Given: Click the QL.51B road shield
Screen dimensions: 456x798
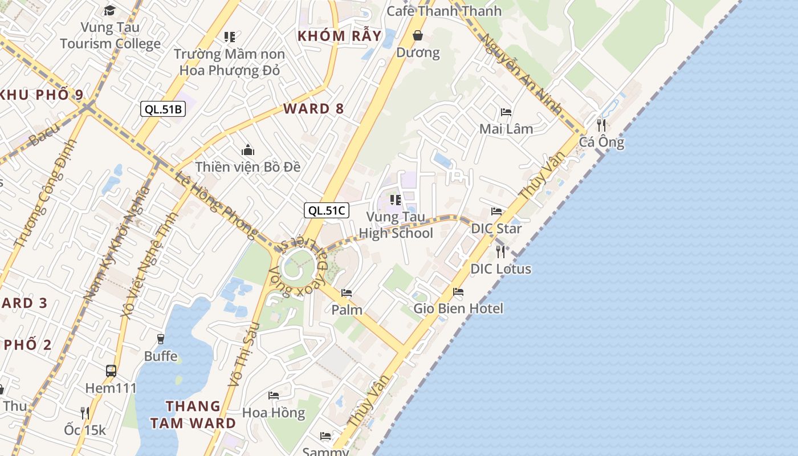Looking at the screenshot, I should (163, 109).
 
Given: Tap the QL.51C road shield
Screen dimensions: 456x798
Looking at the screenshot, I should (326, 210).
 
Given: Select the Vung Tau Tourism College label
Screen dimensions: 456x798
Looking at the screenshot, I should (110, 35).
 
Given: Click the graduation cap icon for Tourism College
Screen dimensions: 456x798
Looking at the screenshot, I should (109, 10).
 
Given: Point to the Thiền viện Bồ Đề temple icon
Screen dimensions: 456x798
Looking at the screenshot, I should (248, 150).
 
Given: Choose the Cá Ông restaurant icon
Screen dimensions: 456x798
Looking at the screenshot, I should (601, 125).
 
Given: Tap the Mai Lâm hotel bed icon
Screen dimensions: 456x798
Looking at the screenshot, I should (506, 112).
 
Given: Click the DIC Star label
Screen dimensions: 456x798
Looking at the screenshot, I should (496, 229).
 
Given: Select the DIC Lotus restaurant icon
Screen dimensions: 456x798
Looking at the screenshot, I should (500, 251).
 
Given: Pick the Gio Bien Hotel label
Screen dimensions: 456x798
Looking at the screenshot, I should (458, 308).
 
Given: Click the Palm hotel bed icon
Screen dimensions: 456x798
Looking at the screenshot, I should (346, 293).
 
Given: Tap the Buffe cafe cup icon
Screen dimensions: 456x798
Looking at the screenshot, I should (160, 339).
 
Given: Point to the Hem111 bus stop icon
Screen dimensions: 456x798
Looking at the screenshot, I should (111, 371).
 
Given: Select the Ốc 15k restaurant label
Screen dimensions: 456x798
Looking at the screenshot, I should (85, 430).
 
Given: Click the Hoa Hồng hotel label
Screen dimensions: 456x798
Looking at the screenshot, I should (274, 412).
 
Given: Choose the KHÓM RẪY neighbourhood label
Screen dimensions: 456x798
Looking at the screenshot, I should (339, 36).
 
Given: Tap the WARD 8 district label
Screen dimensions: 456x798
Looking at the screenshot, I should (313, 108).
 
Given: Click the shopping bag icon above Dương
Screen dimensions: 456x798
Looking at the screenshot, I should (418, 36).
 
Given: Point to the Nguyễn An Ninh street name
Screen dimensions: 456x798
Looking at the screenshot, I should (521, 74).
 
